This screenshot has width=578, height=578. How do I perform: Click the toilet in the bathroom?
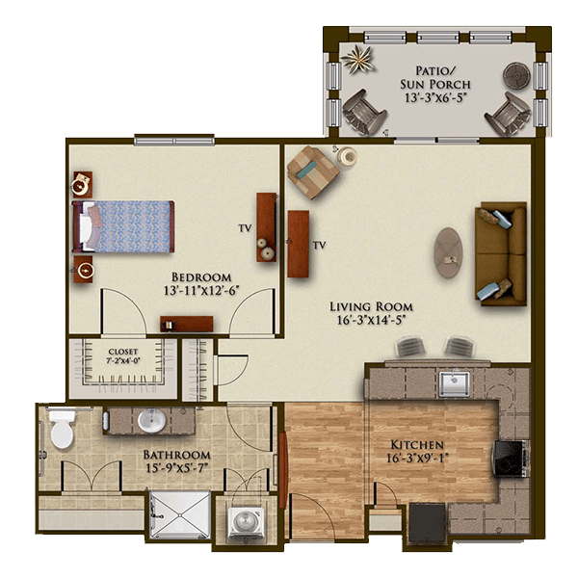tap(62, 428)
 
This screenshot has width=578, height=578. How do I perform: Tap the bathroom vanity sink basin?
tap(151, 420)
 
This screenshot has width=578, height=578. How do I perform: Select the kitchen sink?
tap(455, 383)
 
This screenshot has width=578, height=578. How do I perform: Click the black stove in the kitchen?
tap(510, 458)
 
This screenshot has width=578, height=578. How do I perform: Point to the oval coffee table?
tap(448, 252)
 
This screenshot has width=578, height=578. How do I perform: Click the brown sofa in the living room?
tap(501, 254)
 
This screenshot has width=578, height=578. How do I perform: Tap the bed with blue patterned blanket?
tap(124, 226)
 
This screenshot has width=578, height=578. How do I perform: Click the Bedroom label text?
tap(201, 277)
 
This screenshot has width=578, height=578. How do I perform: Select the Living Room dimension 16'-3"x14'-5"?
tap(371, 320)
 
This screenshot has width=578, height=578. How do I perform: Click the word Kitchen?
tap(417, 444)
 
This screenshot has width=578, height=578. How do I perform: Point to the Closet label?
tap(123, 352)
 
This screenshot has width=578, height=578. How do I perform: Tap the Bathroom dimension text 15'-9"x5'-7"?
tap(177, 468)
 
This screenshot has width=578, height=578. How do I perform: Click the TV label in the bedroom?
tap(245, 228)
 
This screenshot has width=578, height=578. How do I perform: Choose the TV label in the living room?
tap(319, 245)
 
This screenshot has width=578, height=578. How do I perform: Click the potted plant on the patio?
tap(356, 59)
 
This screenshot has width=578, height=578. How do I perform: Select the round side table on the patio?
tap(516, 75)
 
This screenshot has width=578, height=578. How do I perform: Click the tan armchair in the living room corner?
tap(312, 171)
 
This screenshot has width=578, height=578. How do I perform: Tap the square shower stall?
tap(180, 514)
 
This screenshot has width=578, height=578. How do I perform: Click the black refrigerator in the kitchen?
tap(428, 523)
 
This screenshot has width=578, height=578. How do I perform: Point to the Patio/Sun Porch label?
tap(435, 84)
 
